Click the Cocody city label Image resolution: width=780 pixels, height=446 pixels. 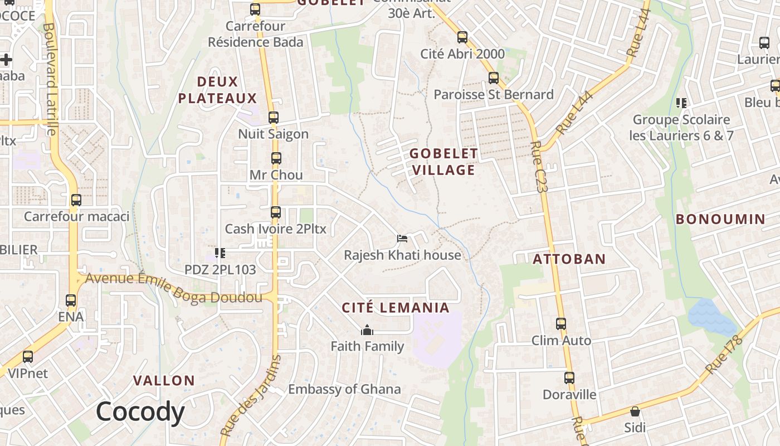140,413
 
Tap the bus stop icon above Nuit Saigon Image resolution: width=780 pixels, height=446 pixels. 273,118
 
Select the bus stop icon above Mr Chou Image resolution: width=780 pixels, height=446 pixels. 276,158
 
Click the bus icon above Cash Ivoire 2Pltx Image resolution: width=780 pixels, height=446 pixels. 275,212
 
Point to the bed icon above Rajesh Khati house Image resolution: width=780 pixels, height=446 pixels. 402,239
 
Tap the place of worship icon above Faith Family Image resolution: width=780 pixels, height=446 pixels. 367,331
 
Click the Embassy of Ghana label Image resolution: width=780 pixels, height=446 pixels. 344,389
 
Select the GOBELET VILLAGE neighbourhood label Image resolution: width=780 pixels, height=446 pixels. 443,161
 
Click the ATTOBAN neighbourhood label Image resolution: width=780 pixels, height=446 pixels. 569,259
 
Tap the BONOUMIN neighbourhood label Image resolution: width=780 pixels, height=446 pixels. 720,219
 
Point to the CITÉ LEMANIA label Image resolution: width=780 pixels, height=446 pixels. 395,308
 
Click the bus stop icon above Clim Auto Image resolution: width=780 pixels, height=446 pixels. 560,323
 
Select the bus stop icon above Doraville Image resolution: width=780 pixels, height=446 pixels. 569,377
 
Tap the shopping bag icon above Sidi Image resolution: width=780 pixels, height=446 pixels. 635,411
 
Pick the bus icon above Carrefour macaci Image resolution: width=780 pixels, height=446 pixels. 76,200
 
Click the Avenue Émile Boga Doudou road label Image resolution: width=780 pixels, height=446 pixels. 173,288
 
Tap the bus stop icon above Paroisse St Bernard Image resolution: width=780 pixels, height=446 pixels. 493,78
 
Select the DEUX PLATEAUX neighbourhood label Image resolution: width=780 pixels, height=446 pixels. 217,90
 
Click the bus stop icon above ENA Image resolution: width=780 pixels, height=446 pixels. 71,300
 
